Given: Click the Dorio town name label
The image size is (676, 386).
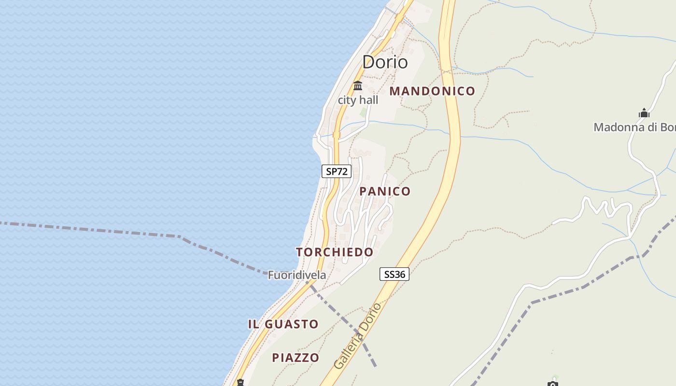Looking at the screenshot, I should click(x=385, y=62).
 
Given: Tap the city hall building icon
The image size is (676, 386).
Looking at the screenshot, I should click(x=358, y=86).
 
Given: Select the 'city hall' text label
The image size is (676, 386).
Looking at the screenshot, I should click(x=358, y=100).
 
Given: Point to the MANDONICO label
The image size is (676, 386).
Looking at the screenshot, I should click(x=432, y=91).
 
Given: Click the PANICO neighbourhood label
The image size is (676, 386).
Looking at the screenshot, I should click(x=385, y=192).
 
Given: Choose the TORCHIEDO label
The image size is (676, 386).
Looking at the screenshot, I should click(x=335, y=252).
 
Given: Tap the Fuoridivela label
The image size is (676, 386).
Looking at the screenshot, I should click(x=297, y=276).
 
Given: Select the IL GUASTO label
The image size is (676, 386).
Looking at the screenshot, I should click(x=283, y=324).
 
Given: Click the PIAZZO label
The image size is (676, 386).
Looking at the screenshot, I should click(x=296, y=358).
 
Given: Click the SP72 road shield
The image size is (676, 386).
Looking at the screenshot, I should click(x=337, y=171).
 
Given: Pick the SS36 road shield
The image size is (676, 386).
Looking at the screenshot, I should click(x=394, y=275).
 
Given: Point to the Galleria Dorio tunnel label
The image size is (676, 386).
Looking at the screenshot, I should click(x=357, y=336).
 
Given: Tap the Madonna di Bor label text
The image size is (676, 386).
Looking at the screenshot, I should click(x=634, y=127).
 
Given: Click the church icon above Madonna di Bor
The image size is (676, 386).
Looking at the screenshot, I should click(x=644, y=113).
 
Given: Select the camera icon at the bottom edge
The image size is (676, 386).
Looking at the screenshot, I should click(x=553, y=384).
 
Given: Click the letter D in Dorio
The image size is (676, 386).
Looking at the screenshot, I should click(x=369, y=62).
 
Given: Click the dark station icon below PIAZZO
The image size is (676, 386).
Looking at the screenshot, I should click(x=240, y=383).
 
